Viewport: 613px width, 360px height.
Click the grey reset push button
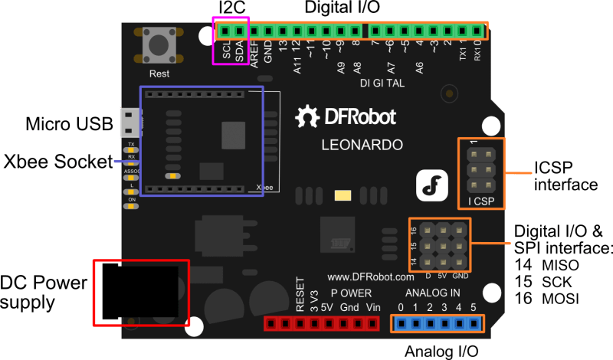(x=159, y=44)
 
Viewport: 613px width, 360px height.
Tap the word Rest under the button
(x=159, y=74)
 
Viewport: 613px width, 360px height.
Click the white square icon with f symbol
(x=431, y=186)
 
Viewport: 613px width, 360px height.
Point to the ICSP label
(x=482, y=203)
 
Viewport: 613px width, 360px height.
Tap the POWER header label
(x=352, y=293)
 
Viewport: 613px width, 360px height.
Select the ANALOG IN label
(x=433, y=293)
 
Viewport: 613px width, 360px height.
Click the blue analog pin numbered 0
(x=401, y=323)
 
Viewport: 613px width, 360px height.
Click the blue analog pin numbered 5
(x=474, y=323)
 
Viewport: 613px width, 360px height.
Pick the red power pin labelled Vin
(x=373, y=323)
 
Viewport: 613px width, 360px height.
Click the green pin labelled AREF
(x=254, y=31)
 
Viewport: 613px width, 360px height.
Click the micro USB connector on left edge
(x=129, y=120)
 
